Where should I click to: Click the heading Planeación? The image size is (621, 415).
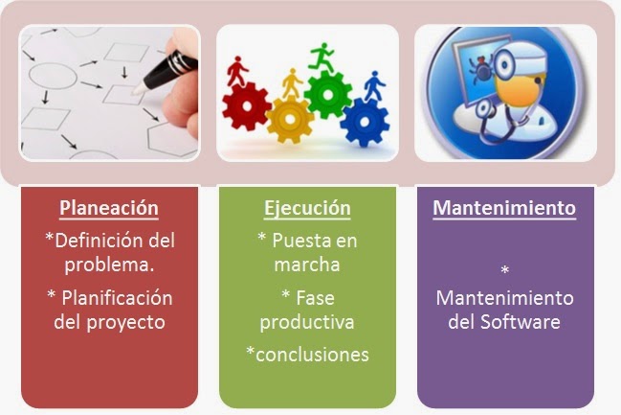(109, 208)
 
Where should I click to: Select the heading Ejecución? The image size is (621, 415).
(307, 208)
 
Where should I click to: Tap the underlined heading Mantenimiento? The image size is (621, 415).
(504, 208)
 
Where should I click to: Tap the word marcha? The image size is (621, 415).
(307, 264)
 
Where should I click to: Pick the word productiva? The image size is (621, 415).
(307, 321)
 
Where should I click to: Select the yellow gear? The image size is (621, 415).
(290, 119)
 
